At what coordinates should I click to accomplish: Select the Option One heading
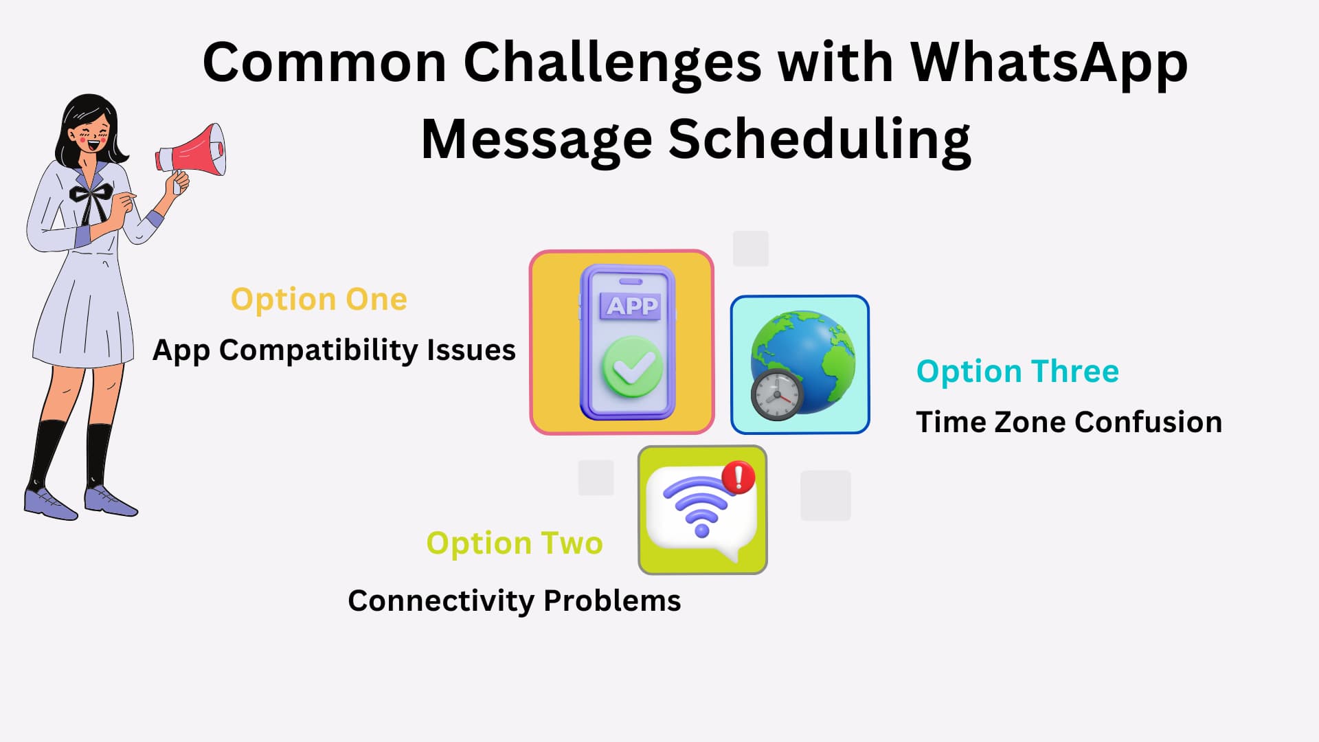click(319, 300)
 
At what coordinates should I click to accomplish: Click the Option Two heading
click(515, 543)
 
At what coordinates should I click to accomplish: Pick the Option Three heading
click(1017, 372)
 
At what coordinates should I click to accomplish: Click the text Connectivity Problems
click(515, 601)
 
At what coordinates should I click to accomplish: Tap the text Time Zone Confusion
click(1069, 422)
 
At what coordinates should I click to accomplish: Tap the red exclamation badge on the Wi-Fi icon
click(739, 477)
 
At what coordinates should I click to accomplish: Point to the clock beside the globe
click(777, 395)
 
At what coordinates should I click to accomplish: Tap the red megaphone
click(191, 151)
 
